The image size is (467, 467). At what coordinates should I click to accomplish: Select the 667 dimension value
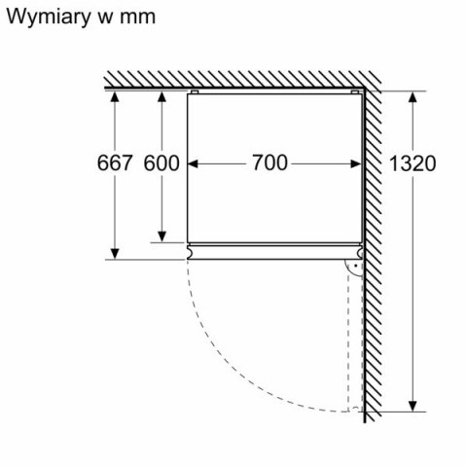point(114,163)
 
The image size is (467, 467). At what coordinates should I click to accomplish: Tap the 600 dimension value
point(162,163)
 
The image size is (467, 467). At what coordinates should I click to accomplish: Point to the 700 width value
point(269,163)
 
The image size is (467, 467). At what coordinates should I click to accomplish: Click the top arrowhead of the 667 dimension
point(115,97)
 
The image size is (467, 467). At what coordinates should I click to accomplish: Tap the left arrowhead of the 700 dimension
point(191,163)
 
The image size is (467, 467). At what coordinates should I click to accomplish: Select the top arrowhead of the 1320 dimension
point(413,97)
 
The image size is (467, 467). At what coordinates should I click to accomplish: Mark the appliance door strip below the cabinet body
point(272,251)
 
